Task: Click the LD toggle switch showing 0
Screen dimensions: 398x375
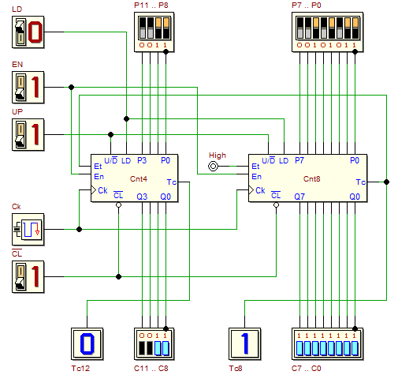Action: click(28, 32)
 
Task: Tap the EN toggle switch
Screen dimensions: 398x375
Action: click(28, 87)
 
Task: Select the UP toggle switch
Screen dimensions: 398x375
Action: click(28, 134)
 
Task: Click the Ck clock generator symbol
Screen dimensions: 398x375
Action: click(28, 229)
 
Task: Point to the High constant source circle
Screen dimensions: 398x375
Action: click(213, 167)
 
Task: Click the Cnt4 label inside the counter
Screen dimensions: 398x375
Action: click(139, 179)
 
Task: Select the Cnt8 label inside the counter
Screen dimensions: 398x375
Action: click(312, 179)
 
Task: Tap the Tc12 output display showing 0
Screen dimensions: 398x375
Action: click(87, 343)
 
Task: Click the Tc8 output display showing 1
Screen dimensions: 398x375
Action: click(245, 343)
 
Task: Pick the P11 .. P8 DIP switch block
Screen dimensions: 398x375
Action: click(154, 32)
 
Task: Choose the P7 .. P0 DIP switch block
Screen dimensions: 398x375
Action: click(328, 32)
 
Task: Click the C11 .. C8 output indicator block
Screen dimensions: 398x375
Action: click(154, 343)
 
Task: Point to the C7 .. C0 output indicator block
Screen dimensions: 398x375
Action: click(328, 343)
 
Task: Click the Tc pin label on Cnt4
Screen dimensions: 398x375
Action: click(172, 182)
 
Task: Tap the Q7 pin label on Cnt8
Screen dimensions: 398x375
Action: click(299, 197)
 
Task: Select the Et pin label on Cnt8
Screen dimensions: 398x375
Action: click(255, 167)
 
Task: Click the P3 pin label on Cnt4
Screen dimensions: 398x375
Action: click(142, 160)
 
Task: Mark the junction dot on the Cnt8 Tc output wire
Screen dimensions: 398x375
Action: click(386, 182)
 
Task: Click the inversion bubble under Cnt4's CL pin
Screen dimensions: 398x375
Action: click(118, 204)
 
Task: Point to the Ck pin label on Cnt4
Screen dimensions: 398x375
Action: click(102, 190)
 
